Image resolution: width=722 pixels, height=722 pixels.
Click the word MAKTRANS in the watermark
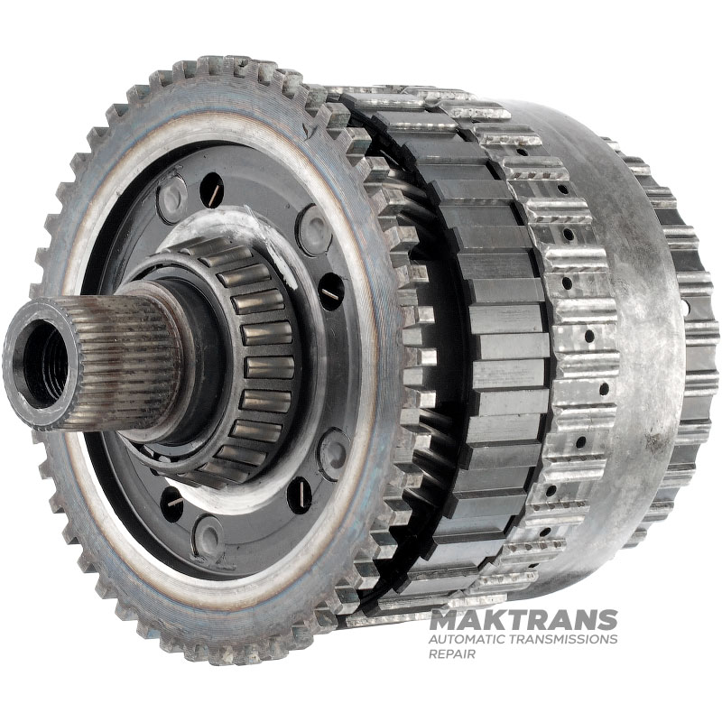tap(523, 620)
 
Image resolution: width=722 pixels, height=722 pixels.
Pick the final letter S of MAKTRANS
tap(607, 620)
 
